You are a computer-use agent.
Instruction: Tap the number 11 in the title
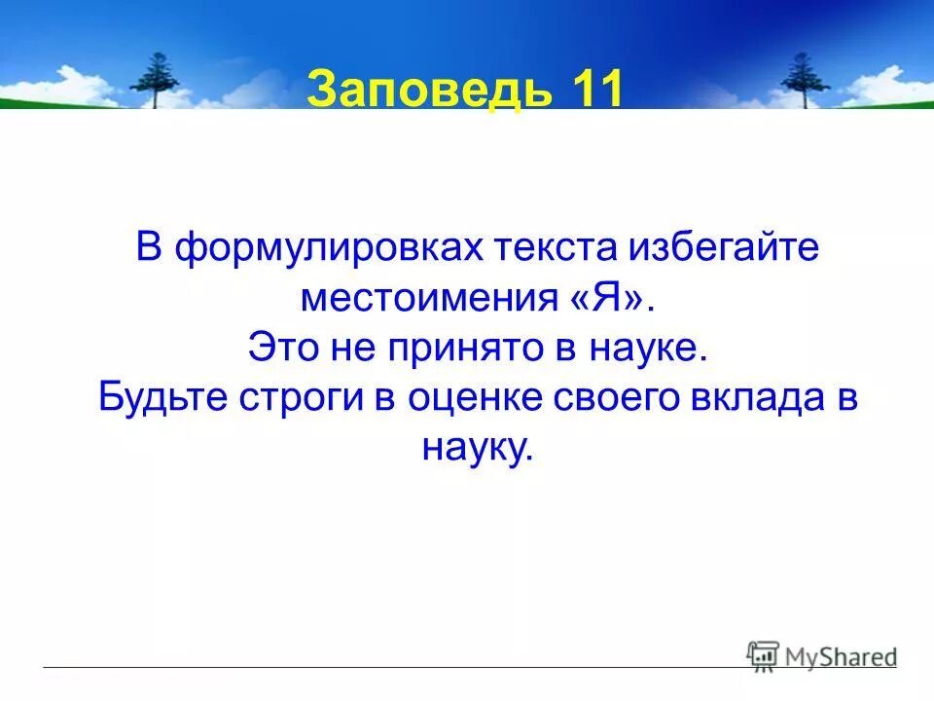coord(592,91)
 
